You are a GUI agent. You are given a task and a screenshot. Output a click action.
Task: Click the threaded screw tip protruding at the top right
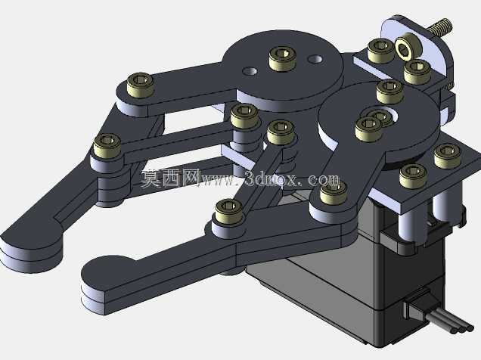tap(439, 26)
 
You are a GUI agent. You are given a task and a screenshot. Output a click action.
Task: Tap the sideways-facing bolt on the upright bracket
tap(408, 48)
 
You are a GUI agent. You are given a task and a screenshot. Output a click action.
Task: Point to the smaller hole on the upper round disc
tap(250, 71)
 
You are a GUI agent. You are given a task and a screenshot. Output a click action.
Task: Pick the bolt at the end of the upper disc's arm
tap(140, 85)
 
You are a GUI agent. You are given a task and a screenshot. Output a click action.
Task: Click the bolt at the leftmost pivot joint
tap(107, 146)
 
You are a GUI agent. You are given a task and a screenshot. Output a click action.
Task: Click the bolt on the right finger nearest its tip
tap(229, 211)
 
